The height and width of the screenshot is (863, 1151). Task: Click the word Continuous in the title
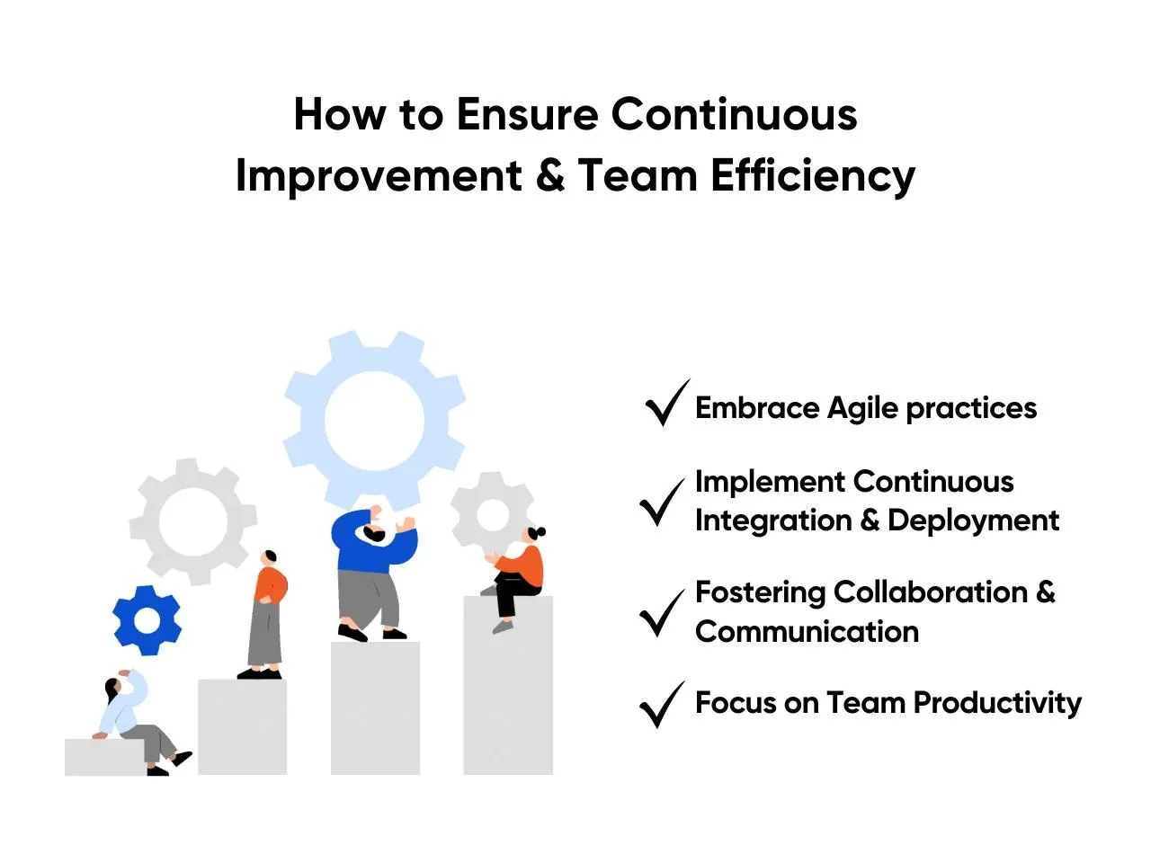734,113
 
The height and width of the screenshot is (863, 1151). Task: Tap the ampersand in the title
550,175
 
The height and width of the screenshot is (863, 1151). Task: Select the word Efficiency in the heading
813,177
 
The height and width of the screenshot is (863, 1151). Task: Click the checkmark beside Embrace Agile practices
667,403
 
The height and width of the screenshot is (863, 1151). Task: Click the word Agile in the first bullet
862,409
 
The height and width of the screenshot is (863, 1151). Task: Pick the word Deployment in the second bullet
973,520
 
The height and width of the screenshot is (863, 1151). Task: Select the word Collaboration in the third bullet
930,592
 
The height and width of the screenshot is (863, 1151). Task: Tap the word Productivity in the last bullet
997,703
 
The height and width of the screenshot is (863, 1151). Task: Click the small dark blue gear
147,620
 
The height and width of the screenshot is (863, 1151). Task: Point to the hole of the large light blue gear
374,420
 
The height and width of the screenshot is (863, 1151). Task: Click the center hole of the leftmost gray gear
193,521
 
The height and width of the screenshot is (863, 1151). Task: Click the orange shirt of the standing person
271,584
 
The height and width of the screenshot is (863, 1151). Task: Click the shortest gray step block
105,757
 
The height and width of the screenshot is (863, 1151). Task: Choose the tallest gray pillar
508,685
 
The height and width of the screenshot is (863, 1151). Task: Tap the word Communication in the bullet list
807,631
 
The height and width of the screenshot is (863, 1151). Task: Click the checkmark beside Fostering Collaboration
663,612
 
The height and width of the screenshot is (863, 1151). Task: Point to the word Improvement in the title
379,177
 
